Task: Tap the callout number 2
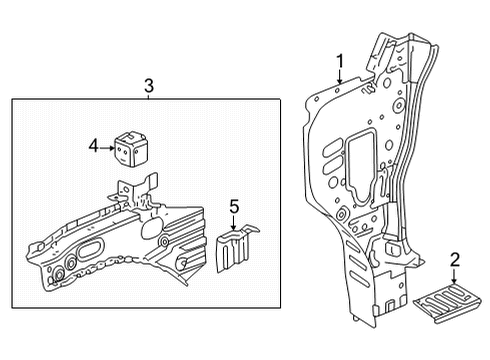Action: pyautogui.click(x=455, y=261)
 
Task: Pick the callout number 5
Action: pyautogui.click(x=234, y=207)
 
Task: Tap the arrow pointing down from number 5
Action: pyautogui.click(x=234, y=224)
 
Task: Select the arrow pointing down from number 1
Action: pyautogui.click(x=340, y=76)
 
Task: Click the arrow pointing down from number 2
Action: pyautogui.click(x=455, y=278)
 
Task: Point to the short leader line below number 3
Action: pyautogui.click(x=148, y=95)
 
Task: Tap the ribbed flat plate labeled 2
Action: pyautogui.click(x=451, y=303)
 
